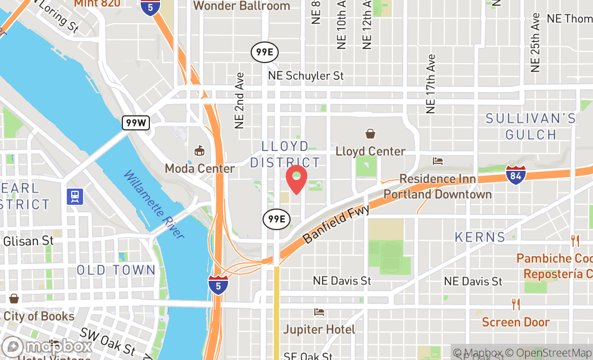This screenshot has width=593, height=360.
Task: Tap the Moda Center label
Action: (x=199, y=169)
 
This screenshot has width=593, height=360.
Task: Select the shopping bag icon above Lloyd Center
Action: (x=370, y=134)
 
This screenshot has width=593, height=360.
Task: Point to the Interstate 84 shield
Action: (x=516, y=175)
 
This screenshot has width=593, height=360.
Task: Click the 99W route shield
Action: (x=135, y=122)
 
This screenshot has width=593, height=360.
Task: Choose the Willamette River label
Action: (x=154, y=205)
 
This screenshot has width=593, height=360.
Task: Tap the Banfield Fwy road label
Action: (x=337, y=224)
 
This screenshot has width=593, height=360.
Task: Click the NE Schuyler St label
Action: (x=306, y=76)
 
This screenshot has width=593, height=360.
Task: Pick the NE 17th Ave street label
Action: (x=430, y=84)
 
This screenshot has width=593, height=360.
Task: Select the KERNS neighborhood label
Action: (x=480, y=237)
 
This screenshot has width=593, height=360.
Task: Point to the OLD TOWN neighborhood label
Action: (x=116, y=270)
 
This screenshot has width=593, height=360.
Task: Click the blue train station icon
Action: (x=74, y=196)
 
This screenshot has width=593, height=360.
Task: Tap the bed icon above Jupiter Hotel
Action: (x=319, y=312)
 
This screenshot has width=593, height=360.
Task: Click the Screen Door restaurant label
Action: (x=515, y=322)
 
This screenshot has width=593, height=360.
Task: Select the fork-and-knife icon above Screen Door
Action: (x=516, y=304)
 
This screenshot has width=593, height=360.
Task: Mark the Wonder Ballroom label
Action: (x=241, y=6)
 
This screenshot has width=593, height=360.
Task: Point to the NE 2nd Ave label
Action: (x=240, y=101)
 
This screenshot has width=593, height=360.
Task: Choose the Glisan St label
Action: (x=28, y=241)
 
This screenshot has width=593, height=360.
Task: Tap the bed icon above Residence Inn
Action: (x=438, y=161)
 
